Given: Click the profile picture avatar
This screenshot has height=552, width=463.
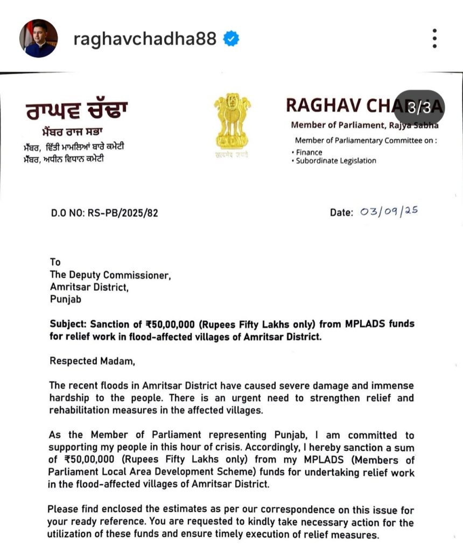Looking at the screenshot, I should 38,38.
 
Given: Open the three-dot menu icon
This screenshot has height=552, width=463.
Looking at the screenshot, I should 434,38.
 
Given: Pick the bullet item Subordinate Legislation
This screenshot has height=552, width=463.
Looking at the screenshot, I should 336,161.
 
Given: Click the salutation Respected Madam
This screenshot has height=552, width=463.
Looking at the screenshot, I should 92,362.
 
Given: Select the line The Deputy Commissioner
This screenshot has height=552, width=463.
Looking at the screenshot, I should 110,275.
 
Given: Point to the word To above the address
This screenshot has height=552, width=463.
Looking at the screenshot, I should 55,263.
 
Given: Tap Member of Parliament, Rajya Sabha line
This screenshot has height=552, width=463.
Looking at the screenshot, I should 364,125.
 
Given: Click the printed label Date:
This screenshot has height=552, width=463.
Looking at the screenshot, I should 341,212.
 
